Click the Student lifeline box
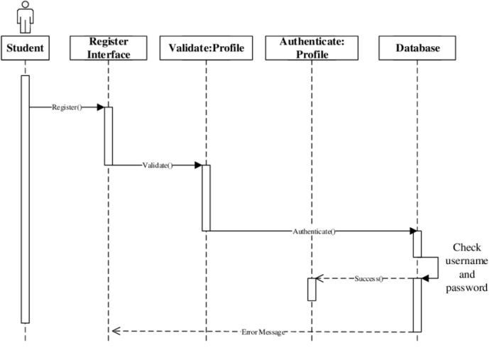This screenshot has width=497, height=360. click(x=26, y=48)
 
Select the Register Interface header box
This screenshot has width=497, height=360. click(x=109, y=48)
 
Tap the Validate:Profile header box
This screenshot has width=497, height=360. click(x=206, y=48)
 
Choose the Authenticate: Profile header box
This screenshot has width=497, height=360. click(x=311, y=48)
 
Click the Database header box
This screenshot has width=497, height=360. click(x=418, y=48)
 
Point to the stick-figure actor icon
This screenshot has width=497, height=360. click(x=26, y=17)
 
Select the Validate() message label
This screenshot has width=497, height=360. click(x=157, y=165)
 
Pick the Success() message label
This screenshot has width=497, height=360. click(x=368, y=278)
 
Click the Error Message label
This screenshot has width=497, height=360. click(x=263, y=332)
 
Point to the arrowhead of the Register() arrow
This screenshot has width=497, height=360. click(x=101, y=108)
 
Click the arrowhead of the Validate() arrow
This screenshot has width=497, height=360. click(x=198, y=165)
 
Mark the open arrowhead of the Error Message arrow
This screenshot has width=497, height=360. click(x=116, y=332)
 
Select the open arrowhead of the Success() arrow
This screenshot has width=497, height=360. click(x=319, y=278)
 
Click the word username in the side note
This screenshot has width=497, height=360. click(x=466, y=261)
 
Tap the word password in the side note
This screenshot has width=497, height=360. click(x=466, y=288)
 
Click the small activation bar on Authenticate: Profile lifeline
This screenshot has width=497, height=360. click(x=311, y=289)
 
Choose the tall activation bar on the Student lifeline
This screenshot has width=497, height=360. click(x=26, y=199)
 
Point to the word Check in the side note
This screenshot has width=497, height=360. click(x=466, y=248)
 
